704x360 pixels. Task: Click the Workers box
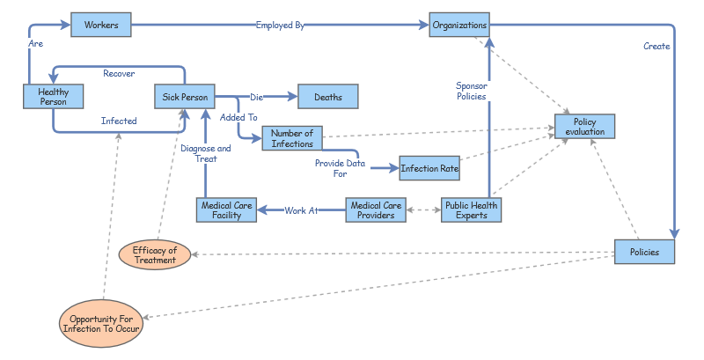point(101,26)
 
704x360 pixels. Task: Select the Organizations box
point(459,26)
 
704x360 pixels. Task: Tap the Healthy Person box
point(54,96)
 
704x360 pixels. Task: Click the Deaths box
point(328,97)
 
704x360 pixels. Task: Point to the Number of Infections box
point(292,138)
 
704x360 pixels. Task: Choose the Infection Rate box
point(429,167)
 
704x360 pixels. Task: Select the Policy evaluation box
point(584,126)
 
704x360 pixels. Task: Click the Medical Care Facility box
point(226,210)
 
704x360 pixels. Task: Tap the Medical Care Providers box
point(377,210)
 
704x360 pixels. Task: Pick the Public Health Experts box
point(471,210)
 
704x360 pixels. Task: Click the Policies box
point(644,253)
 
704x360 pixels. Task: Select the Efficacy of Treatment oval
point(155,255)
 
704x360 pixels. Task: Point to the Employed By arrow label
point(280,26)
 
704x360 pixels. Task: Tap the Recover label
point(119,74)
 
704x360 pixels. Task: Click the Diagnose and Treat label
point(206,154)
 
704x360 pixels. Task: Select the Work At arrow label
point(301,210)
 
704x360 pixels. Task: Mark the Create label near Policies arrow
point(656,46)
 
